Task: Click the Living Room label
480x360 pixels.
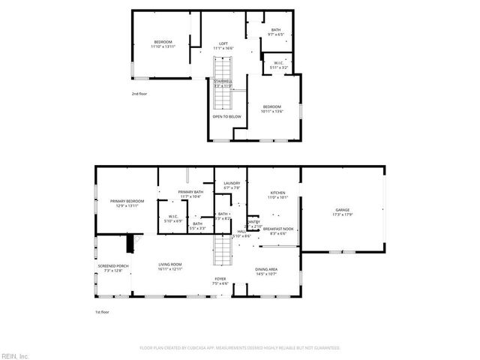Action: (170, 266)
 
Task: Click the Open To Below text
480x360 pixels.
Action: (226, 116)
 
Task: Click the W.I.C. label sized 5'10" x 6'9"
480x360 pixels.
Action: (172, 219)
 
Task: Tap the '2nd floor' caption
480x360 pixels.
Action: (140, 94)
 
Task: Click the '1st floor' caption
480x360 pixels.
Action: (102, 311)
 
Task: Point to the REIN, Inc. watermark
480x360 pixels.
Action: (15, 355)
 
